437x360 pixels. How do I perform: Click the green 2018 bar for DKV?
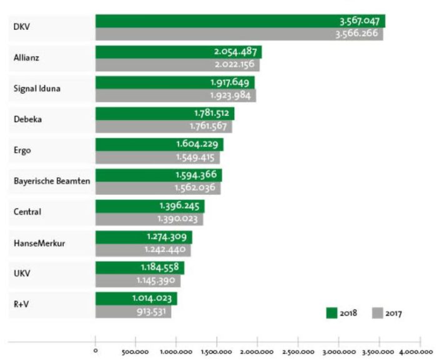240,21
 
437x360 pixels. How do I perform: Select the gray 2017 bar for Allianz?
177,65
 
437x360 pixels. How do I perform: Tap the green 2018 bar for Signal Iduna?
175,82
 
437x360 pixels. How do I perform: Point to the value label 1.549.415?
196,157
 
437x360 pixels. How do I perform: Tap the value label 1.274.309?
169,236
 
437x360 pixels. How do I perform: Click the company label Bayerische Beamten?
52,181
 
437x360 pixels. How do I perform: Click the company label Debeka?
27,119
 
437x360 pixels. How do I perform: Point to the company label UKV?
22,273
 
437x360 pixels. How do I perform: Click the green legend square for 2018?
331,313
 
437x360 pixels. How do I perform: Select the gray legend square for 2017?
378,313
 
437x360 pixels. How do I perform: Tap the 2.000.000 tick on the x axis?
258,342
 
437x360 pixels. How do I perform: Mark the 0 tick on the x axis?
96,342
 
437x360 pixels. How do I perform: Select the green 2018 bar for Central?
150,205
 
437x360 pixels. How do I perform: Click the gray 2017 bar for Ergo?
157,157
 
